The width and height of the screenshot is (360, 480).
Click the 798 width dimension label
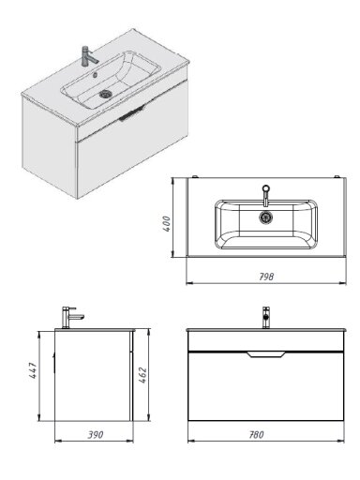(x=266, y=277)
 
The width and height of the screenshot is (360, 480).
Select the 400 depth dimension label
(x=167, y=224)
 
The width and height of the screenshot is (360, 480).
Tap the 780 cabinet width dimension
(x=256, y=435)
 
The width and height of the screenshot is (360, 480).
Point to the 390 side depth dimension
(x=95, y=435)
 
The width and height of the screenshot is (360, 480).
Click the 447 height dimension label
(x=33, y=371)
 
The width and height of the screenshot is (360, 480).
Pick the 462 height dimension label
(x=142, y=376)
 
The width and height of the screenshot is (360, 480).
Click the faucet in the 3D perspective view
(x=88, y=56)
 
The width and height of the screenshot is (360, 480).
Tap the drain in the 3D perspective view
(x=106, y=94)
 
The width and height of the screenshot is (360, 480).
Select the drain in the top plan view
(x=265, y=217)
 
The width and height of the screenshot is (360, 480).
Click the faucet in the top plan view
(x=265, y=195)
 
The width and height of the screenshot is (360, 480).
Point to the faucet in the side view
(x=72, y=318)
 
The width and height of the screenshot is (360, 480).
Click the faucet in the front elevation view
(x=266, y=318)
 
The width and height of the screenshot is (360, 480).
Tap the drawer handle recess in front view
(x=265, y=354)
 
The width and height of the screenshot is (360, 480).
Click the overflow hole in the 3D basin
(x=96, y=75)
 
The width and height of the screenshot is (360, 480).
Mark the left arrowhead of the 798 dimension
(x=189, y=283)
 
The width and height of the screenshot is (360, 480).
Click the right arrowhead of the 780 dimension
(x=341, y=442)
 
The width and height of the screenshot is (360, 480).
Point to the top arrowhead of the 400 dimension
(x=172, y=181)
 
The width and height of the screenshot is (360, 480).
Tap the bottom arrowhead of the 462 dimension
(x=147, y=417)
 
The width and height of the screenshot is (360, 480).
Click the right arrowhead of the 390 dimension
(x=130, y=442)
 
